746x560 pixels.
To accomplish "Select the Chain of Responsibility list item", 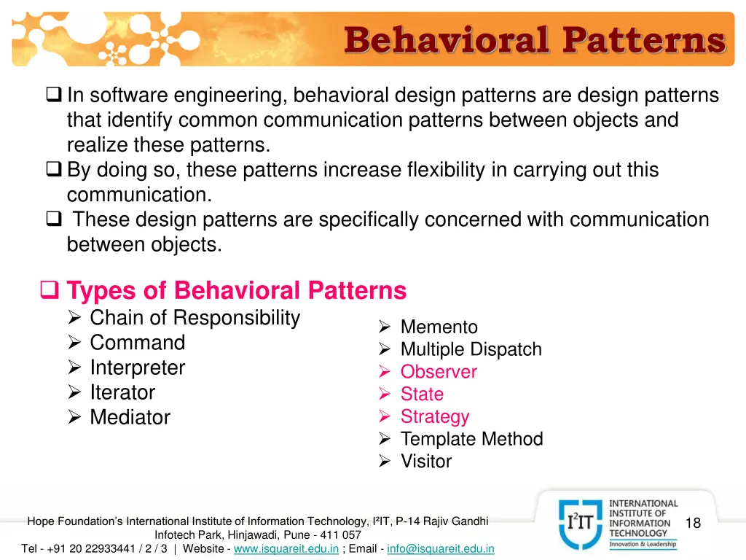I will [x=195, y=318].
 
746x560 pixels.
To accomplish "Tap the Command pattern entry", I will [x=137, y=343].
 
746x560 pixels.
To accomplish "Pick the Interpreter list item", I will [x=137, y=367].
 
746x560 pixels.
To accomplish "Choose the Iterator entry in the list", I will [x=122, y=392].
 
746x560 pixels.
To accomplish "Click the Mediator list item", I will [x=130, y=418].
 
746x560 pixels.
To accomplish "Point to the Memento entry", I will [x=439, y=327].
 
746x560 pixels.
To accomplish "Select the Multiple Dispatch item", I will [x=471, y=349].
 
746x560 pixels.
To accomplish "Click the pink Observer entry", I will [x=439, y=372].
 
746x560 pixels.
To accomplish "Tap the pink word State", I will [x=422, y=394].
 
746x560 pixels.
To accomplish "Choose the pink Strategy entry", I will [x=435, y=417].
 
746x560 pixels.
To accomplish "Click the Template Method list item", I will [x=471, y=439].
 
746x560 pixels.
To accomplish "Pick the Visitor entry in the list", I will [x=426, y=462].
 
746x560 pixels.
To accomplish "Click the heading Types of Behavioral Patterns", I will [x=236, y=291].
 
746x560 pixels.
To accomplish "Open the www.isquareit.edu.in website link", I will [x=286, y=548].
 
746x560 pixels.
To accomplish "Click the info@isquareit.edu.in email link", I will [x=441, y=548].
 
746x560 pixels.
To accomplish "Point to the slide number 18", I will [x=693, y=523].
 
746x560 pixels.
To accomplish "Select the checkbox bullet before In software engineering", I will [x=54, y=96].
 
